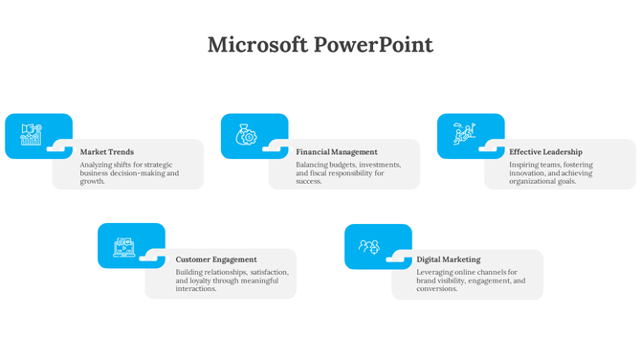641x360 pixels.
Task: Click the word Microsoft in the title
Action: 257,45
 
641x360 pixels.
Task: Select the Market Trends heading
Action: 107,152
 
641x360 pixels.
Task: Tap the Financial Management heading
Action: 337,152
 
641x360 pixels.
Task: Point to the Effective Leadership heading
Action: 545,152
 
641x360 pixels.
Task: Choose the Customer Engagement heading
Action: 216,259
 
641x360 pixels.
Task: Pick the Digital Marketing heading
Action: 449,259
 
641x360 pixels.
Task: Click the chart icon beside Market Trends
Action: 31,135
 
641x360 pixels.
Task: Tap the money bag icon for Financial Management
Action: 246,135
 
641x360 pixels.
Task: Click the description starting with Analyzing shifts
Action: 128,172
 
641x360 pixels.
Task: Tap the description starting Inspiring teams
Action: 551,172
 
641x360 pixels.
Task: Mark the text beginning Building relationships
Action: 232,280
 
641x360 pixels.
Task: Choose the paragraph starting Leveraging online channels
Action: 471,281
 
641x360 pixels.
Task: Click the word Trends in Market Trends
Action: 122,152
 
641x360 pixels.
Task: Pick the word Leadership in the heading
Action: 561,152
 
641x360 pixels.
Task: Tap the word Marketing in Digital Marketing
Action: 461,259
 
